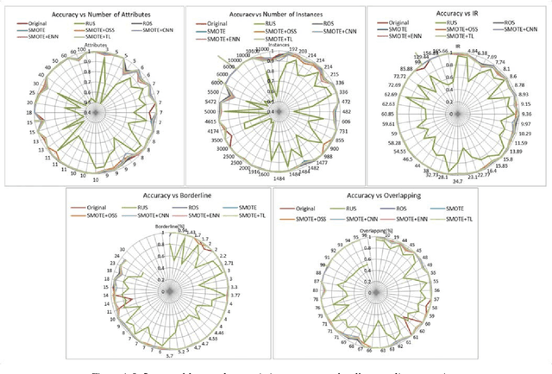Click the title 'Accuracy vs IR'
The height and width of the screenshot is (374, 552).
(459, 9)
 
